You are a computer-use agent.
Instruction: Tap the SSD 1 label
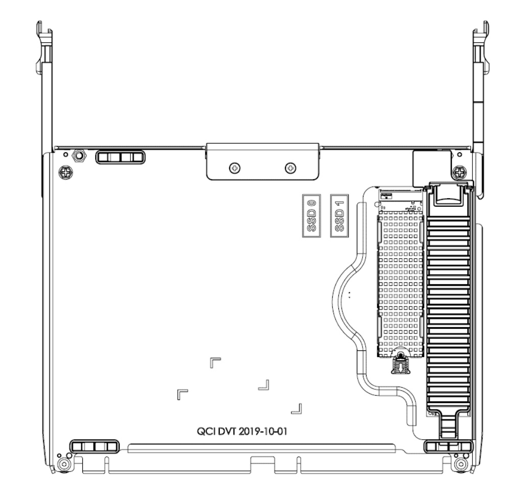tap(338, 215)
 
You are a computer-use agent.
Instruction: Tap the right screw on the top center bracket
tap(290, 168)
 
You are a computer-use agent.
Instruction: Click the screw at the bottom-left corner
tap(63, 464)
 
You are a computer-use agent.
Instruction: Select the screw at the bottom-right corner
tap(462, 464)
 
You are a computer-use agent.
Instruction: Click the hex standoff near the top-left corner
tap(79, 155)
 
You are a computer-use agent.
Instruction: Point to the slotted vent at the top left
tap(121, 157)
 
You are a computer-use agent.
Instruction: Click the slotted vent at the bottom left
tap(94, 446)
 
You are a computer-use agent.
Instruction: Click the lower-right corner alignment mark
tap(296, 408)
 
